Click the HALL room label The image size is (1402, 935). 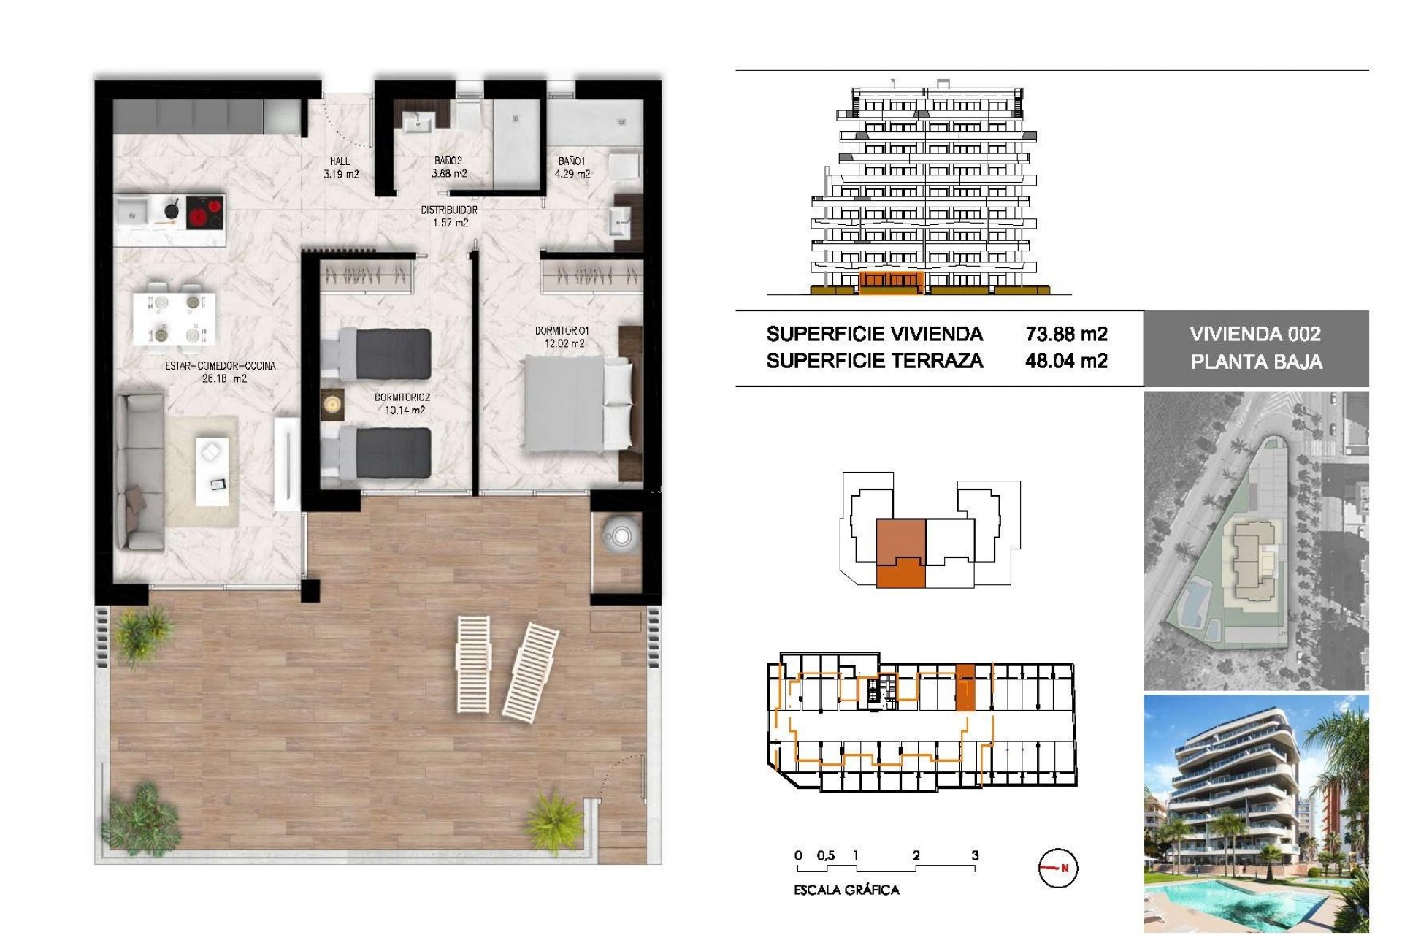[x=340, y=161]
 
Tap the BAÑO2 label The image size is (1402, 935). [x=448, y=161]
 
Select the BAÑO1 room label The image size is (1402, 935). [x=572, y=161]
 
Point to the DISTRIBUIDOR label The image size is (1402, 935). [x=449, y=210]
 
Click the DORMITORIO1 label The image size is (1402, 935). [x=562, y=331]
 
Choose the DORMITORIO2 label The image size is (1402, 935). [x=402, y=397]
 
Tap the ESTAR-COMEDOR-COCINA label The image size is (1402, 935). [x=221, y=366]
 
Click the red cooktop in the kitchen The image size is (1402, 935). [x=205, y=213]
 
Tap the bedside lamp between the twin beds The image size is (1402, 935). [x=333, y=404]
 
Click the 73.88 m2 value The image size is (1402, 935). [x=1066, y=335]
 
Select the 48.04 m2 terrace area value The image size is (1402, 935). [x=1066, y=361]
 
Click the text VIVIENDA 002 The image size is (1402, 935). [x=1255, y=335]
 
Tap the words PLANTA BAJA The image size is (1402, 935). [x=1256, y=362]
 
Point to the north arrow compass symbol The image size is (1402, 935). [x=1057, y=869]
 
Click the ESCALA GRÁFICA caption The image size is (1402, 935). [x=846, y=890]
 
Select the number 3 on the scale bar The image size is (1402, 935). [x=975, y=855]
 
